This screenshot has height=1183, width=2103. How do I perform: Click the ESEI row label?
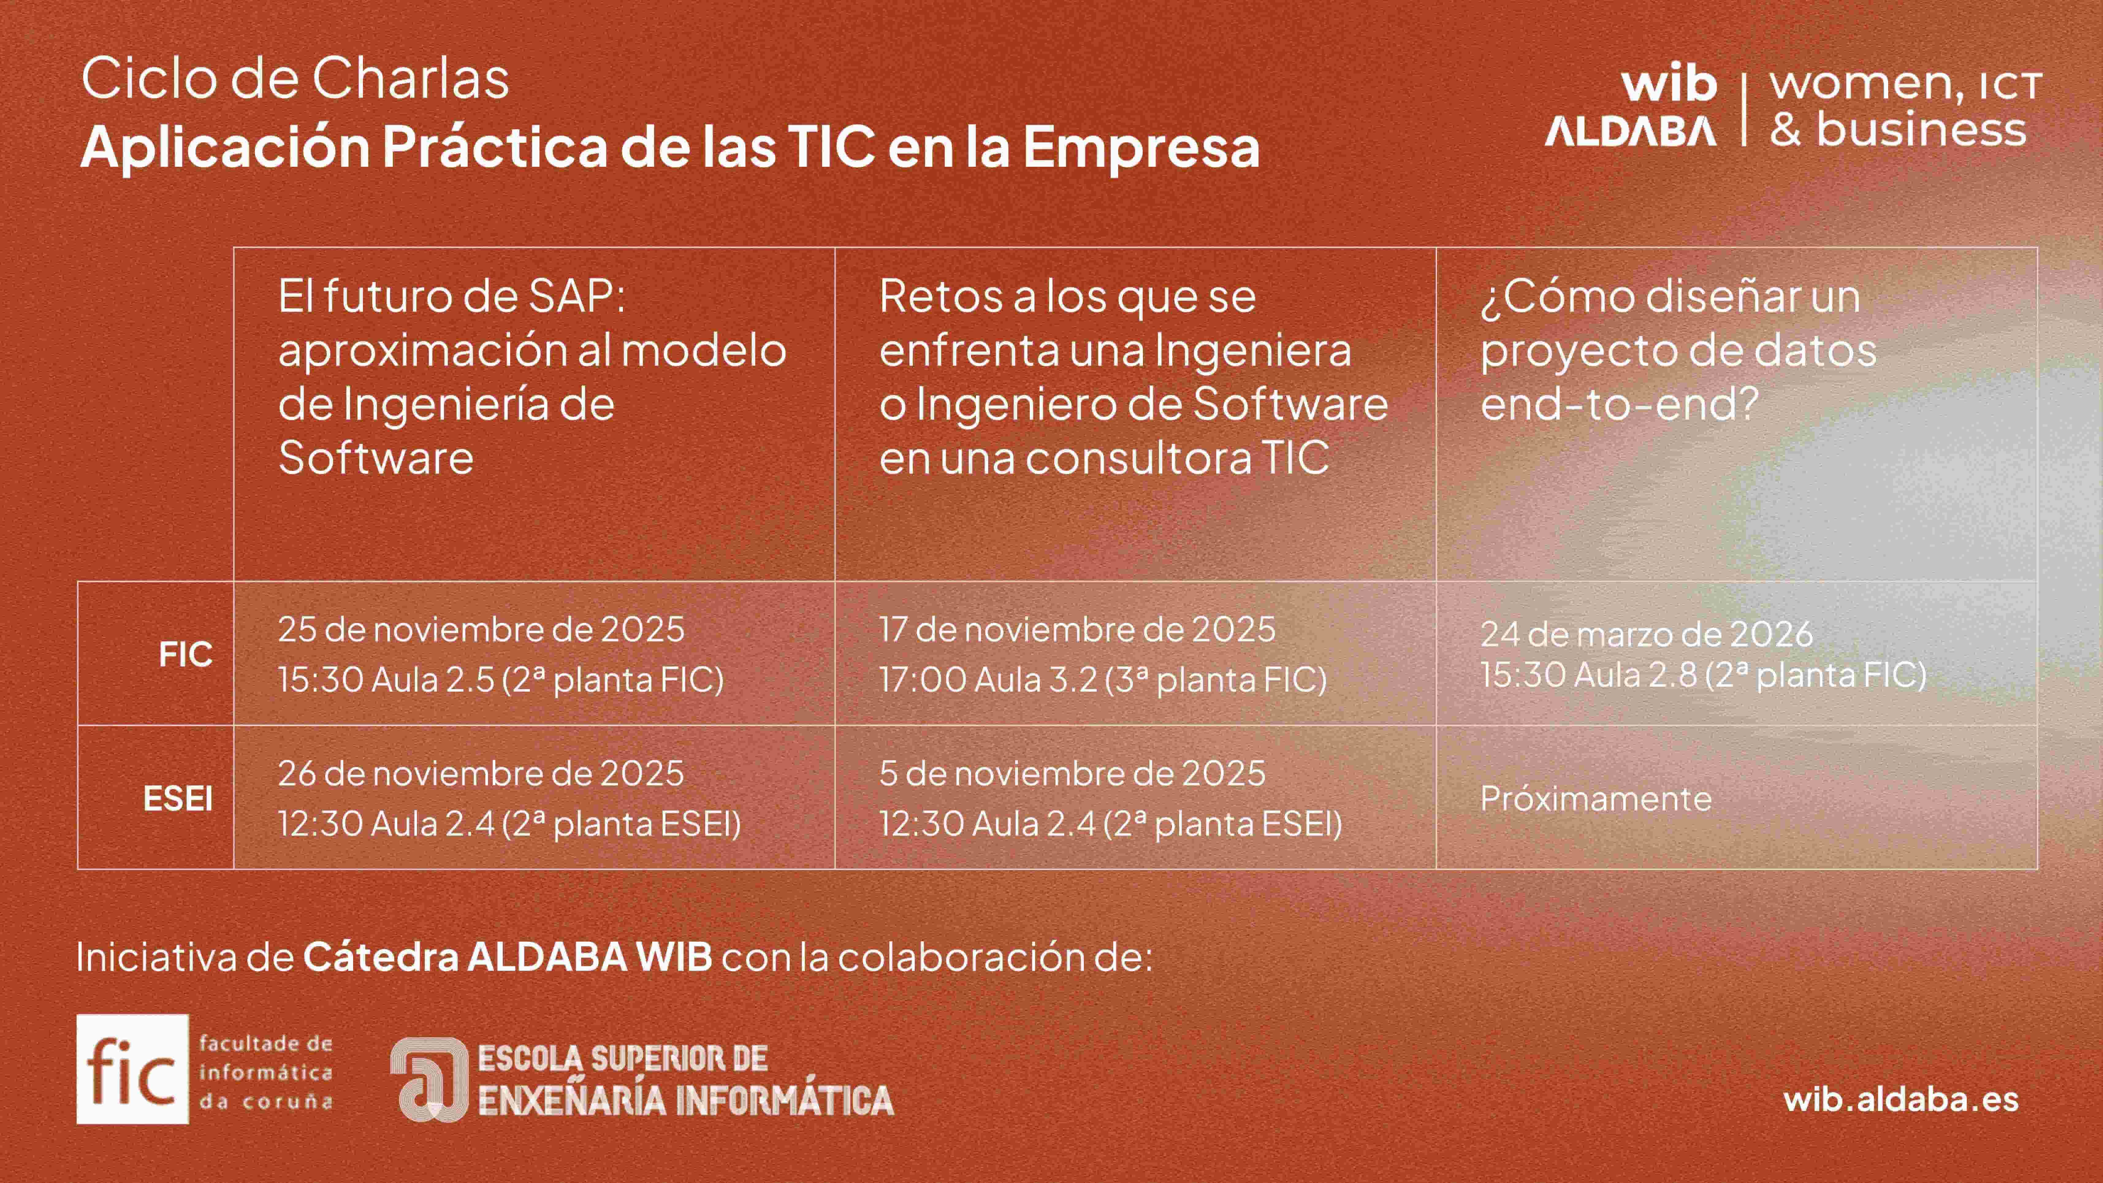178,799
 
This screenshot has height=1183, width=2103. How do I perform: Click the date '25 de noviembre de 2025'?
481,629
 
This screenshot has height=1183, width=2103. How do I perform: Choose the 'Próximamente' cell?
1596,799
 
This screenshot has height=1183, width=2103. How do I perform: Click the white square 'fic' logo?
132,1070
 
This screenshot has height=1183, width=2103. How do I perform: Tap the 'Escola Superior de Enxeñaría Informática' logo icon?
429,1079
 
